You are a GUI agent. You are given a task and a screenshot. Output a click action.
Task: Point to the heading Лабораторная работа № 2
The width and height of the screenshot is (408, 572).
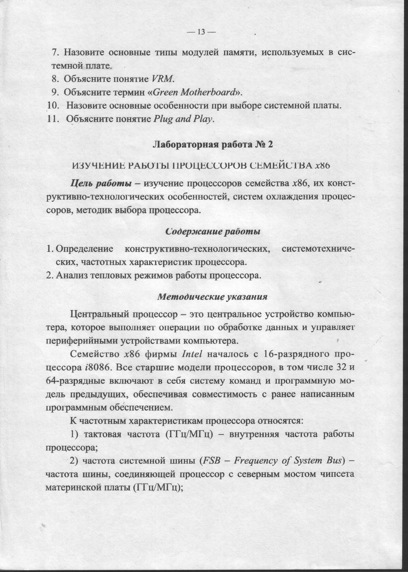(212, 145)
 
